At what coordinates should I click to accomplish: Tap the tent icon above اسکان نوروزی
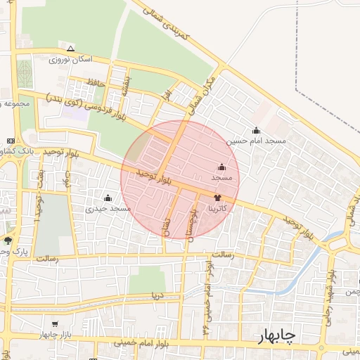(70, 49)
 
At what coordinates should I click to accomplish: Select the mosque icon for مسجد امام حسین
(255, 130)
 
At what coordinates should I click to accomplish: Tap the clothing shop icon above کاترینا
(216, 198)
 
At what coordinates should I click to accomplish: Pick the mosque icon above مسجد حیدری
(108, 198)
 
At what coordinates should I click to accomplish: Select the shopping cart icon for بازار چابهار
(54, 325)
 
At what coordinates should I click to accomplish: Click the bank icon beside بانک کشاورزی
(11, 141)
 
